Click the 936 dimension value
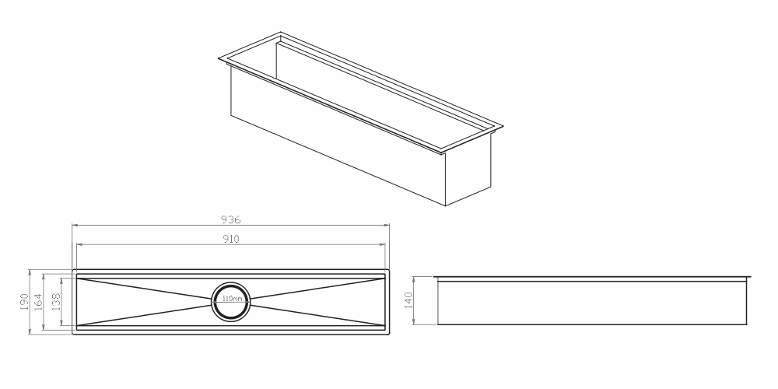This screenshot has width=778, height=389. click(x=231, y=219)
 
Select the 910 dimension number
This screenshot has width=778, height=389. click(x=231, y=239)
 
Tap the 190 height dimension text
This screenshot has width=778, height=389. click(x=24, y=302)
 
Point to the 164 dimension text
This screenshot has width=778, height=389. click(x=37, y=302)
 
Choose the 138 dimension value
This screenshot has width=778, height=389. click(x=55, y=302)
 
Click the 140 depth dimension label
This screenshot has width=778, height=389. click(x=408, y=300)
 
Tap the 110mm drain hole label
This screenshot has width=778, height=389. click(x=232, y=299)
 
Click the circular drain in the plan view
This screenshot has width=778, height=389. click(x=231, y=282)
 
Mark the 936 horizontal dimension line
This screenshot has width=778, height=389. click(x=231, y=226)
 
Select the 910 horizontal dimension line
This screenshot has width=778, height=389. click(x=231, y=244)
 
